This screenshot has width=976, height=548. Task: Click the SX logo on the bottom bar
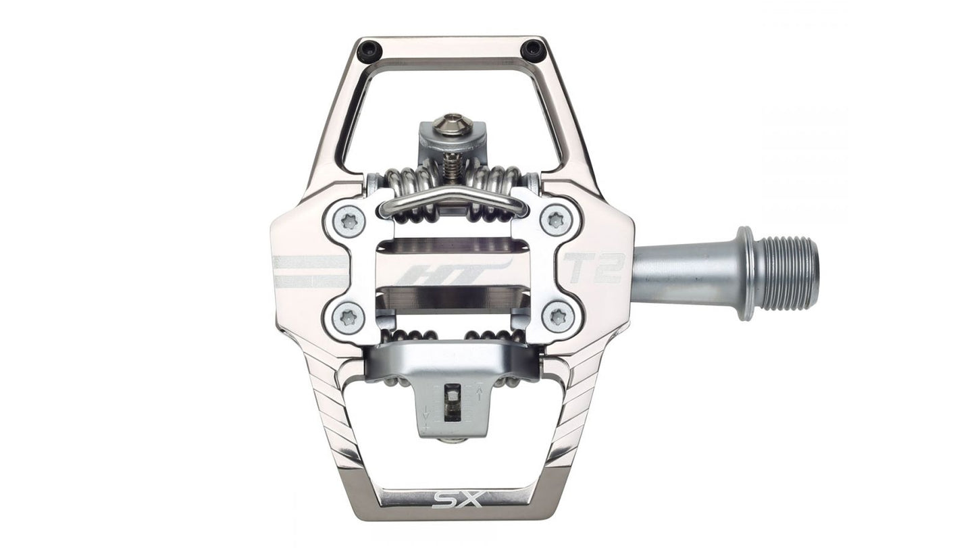coord(457,499)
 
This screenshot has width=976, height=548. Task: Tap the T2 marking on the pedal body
coord(596,268)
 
